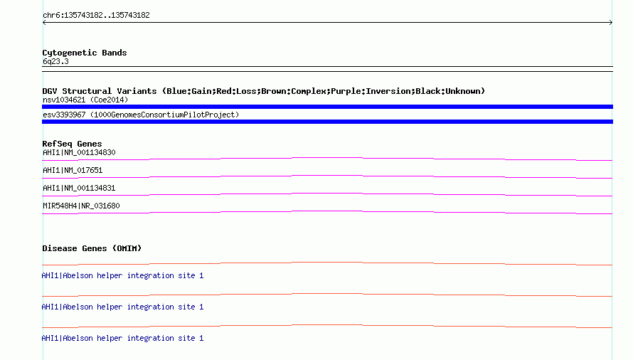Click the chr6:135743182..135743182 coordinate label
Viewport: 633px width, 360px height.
[96, 16]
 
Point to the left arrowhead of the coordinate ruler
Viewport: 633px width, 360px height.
[44, 23]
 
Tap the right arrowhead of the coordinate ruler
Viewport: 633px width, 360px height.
[611, 23]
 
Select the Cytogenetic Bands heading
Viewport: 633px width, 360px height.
[85, 53]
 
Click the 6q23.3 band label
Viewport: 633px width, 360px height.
[55, 61]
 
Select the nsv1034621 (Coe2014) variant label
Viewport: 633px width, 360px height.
[85, 100]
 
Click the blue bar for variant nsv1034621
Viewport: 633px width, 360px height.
[327, 107]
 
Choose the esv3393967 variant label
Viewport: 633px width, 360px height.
[141, 115]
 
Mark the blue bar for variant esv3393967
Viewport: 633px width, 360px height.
[327, 122]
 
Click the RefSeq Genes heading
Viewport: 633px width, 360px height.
[72, 144]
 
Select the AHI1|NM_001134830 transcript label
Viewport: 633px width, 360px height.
[79, 152]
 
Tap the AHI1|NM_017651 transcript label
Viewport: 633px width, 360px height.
[73, 170]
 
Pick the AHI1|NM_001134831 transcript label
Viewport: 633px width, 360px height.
[79, 188]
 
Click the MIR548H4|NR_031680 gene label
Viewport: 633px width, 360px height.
[81, 206]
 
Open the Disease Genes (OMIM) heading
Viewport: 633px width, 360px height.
[92, 248]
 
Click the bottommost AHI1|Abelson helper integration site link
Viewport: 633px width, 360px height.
[122, 338]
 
